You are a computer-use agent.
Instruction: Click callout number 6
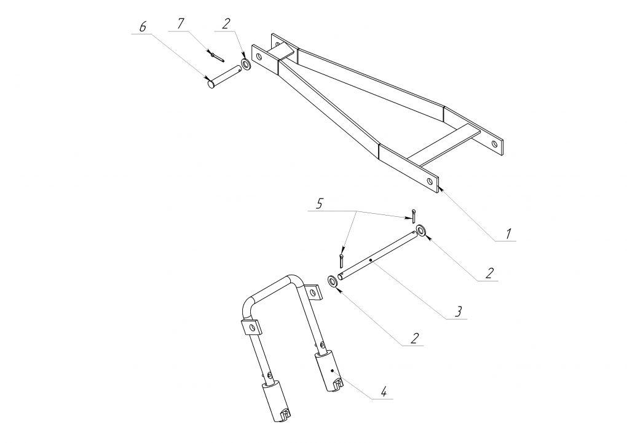tap(143, 27)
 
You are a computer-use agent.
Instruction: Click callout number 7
tap(181, 23)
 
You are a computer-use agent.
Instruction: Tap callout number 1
tap(508, 234)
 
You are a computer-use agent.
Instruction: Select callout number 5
tap(318, 205)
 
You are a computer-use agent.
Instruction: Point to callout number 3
tap(459, 311)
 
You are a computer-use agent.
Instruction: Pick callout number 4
tap(384, 391)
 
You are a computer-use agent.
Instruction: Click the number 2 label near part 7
tap(226, 23)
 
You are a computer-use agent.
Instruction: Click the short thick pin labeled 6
tap(224, 77)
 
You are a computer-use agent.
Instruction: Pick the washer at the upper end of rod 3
tap(420, 230)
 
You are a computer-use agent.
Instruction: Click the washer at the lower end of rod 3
tap(332, 281)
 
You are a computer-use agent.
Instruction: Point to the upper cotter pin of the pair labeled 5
tap(413, 216)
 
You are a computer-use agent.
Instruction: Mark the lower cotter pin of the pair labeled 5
tap(341, 261)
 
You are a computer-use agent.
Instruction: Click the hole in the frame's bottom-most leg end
tap(430, 181)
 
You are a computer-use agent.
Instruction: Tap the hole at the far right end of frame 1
tap(494, 143)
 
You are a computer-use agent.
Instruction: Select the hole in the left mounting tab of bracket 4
tap(251, 328)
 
